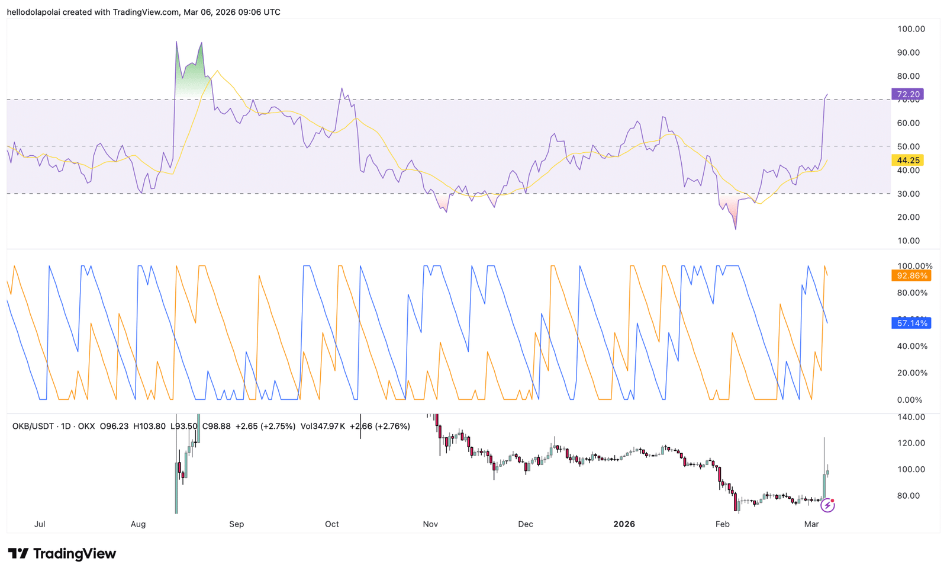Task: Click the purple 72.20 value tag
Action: coord(907,94)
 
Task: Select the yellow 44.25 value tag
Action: coord(907,161)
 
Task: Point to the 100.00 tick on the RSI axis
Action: coord(911,29)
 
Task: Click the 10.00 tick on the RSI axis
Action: coord(909,240)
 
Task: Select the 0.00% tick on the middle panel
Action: coord(910,400)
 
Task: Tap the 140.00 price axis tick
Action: coord(911,417)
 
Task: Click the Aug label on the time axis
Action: coord(138,524)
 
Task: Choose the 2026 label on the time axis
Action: coord(624,524)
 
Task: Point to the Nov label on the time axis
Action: coord(430,524)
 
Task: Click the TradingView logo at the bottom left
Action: coord(62,554)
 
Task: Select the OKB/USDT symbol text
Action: coord(33,426)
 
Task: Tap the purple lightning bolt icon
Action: coord(827,505)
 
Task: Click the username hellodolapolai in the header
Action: coord(34,12)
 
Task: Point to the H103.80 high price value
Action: coord(149,426)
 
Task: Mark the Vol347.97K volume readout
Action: coord(323,426)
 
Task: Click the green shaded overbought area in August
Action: coord(191,77)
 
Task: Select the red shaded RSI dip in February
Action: coord(733,210)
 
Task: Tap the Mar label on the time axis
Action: coord(811,524)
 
